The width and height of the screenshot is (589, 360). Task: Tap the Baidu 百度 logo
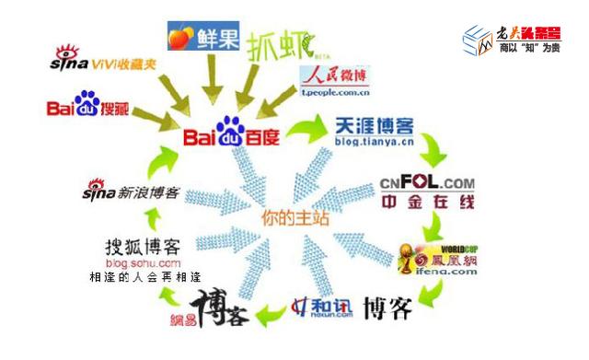234,135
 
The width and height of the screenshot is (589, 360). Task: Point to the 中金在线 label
425,209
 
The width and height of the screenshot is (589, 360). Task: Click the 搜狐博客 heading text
142,246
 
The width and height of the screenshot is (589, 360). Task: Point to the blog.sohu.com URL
142,263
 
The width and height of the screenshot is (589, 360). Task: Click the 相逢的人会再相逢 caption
145,276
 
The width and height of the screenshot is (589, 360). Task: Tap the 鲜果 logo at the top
198,38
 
